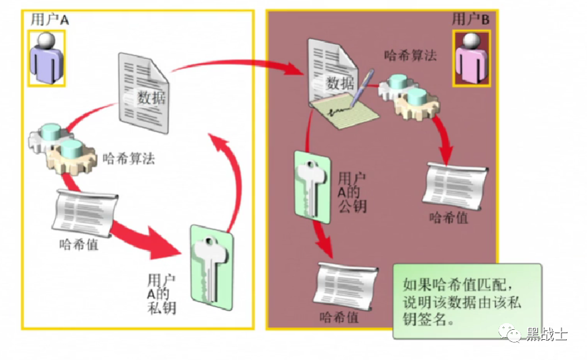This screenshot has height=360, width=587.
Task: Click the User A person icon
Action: (x=47, y=58)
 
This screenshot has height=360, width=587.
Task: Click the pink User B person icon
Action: (x=472, y=58)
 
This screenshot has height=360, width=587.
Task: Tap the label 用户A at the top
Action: (x=49, y=19)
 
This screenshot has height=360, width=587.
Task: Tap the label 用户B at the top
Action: (x=470, y=19)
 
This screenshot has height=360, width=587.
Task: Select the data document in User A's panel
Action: (x=143, y=87)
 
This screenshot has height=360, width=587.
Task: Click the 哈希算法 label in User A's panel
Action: (x=128, y=158)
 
